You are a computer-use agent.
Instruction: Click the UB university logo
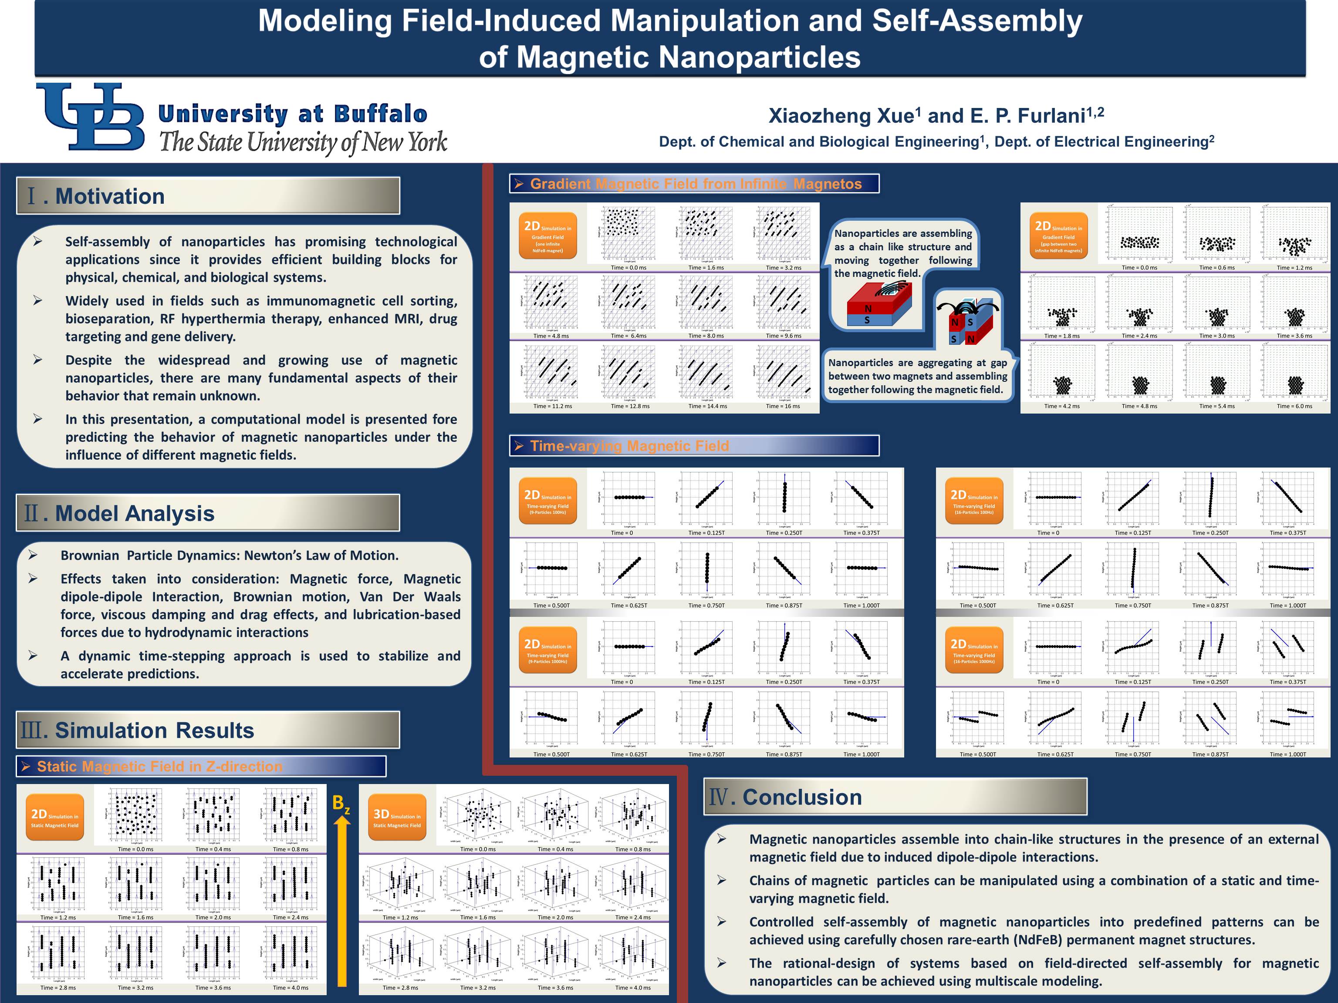pyautogui.click(x=91, y=116)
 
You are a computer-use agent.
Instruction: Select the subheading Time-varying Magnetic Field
pyautogui.click(x=629, y=446)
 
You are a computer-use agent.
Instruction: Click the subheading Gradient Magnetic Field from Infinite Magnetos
pyautogui.click(x=696, y=184)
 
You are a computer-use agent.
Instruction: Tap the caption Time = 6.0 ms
pyautogui.click(x=1294, y=406)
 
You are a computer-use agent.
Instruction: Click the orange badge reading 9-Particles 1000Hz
pyautogui.click(x=548, y=650)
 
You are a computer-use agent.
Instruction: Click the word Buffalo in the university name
pyautogui.click(x=381, y=114)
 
